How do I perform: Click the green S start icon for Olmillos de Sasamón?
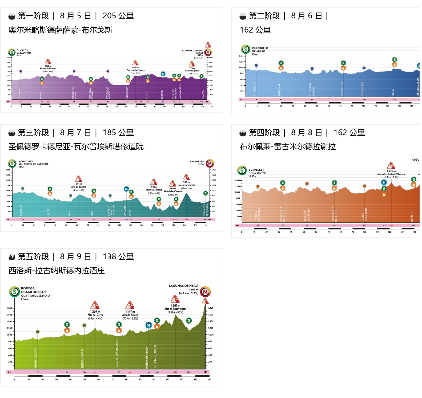pos(12,52)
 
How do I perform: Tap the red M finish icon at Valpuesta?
pos(210,163)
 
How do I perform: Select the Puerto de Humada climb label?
pos(48,69)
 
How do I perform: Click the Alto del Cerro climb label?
pos(95,315)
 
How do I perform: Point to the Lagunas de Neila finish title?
pos(183,286)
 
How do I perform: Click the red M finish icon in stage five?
pos(205,292)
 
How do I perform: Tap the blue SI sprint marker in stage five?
pos(149,325)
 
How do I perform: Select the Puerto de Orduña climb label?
pos(186,185)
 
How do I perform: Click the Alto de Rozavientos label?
pos(175,309)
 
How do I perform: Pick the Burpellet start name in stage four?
pos(256,170)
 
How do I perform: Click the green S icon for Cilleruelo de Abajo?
pos(246,49)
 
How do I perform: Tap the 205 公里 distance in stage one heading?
pos(118,16)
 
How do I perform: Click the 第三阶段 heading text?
pos(33,133)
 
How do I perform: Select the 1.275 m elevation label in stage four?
pos(391,171)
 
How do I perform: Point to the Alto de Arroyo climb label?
pos(130,315)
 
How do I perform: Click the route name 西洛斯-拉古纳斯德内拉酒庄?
pos(57,271)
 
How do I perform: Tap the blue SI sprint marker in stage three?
pos(126,189)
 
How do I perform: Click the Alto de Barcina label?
pos(79,187)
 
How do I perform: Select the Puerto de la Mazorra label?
pos(135,70)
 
